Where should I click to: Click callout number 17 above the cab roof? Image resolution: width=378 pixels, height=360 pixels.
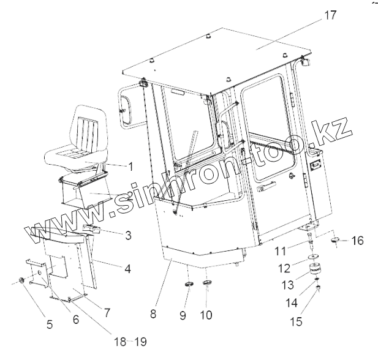tap(330, 15)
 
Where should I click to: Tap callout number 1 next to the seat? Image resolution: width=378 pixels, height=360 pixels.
tap(129, 165)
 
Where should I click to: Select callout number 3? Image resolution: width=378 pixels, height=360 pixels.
tap(127, 234)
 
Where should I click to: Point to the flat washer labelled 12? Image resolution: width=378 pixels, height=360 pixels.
tap(314, 257)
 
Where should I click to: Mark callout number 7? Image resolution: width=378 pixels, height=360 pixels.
tap(107, 312)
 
